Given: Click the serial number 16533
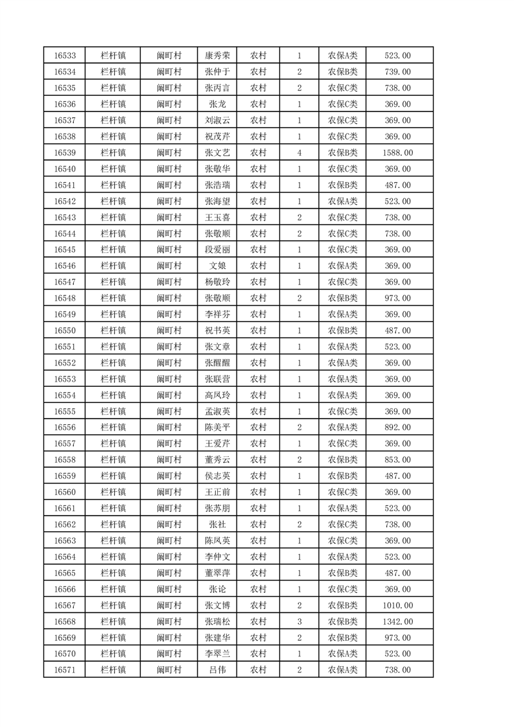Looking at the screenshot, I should [x=65, y=56].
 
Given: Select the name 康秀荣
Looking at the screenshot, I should [x=216, y=56].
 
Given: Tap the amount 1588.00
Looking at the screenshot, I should [x=398, y=153].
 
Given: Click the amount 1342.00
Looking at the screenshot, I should [x=398, y=621].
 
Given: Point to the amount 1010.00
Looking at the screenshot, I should [x=398, y=605].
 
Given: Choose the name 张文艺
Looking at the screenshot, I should [x=216, y=153].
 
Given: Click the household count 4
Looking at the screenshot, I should [x=299, y=153].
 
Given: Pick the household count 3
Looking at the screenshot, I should [x=299, y=621].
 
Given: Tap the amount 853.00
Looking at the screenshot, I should [x=398, y=460].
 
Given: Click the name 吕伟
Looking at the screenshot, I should [x=216, y=670].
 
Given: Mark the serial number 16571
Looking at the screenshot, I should [x=65, y=670].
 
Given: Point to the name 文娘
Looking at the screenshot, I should [x=216, y=266].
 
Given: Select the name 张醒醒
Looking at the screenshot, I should [x=216, y=363].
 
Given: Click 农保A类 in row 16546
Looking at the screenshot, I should [x=342, y=266].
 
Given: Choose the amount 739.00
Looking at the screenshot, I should [x=398, y=72].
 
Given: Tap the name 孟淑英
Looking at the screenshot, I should [x=216, y=411].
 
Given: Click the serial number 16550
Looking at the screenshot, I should [x=65, y=330].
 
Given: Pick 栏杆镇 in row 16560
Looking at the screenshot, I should [x=113, y=492].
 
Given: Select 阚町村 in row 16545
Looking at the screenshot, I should [x=169, y=250].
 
